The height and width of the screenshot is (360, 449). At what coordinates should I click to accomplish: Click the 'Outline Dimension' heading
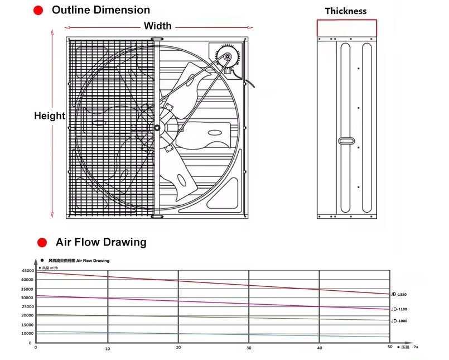point(101,10)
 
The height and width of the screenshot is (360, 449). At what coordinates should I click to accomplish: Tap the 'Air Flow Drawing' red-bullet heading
point(101,242)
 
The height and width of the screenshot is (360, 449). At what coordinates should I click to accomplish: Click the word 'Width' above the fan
point(158,26)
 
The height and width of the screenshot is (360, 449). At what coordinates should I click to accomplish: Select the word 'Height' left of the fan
point(50,116)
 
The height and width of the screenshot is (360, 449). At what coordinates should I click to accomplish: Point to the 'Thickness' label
point(346,11)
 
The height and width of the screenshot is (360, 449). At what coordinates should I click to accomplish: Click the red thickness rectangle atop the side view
point(347,28)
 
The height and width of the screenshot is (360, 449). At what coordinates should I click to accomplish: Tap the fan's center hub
point(157,128)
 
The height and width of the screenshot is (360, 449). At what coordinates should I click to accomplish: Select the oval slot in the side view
point(346,141)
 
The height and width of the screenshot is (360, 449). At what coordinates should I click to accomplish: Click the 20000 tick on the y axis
point(27,315)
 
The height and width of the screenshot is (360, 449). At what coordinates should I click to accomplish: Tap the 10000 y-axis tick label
point(27,333)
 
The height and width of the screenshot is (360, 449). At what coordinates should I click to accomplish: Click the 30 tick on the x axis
point(249,348)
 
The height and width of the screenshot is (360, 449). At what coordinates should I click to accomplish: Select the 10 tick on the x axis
point(108,348)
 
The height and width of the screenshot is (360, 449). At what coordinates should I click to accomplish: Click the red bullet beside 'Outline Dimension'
point(38,11)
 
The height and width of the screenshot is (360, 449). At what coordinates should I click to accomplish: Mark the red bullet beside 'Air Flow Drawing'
point(41,242)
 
